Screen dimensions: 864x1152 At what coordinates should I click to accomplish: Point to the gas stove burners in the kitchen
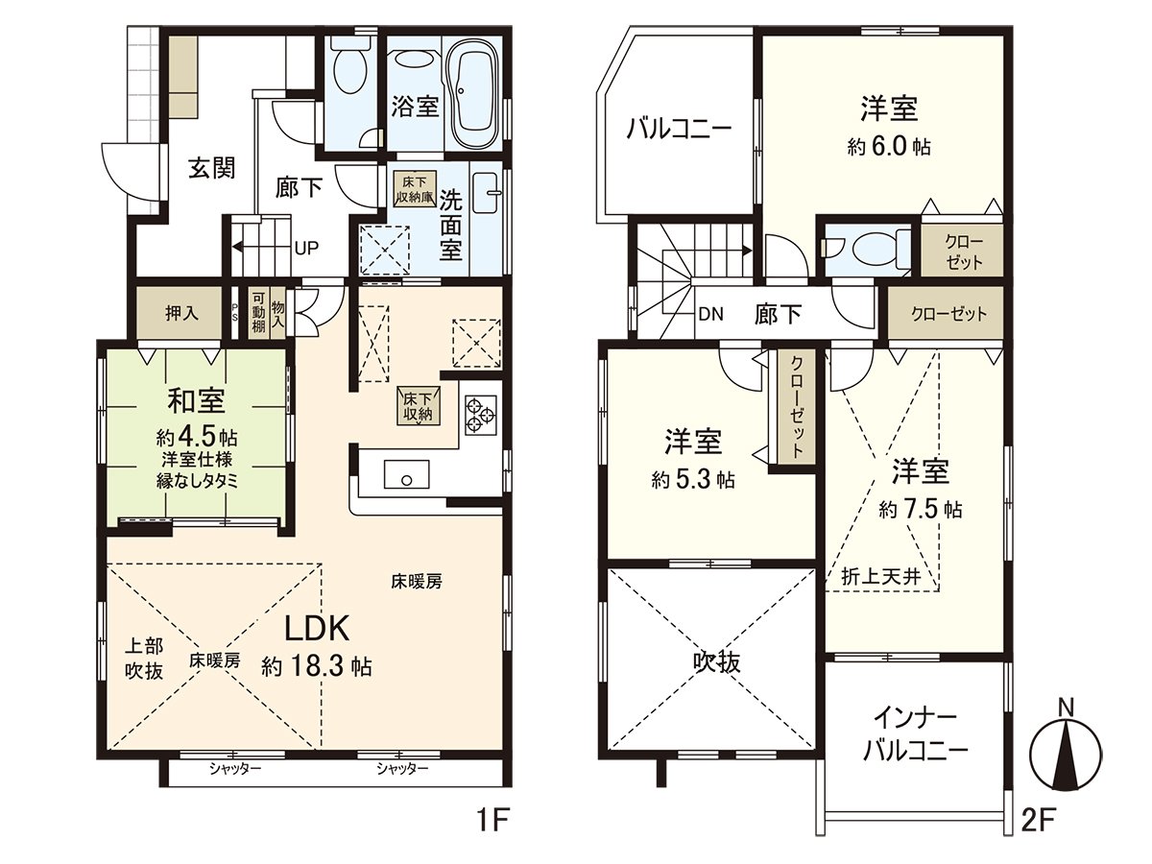pyautogui.click(x=480, y=417)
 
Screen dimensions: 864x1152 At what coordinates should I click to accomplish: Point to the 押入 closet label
pyautogui.click(x=181, y=313)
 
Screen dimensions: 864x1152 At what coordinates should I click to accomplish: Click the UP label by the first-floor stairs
pyautogui.click(x=307, y=248)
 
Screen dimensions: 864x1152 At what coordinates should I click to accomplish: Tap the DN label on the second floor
pyautogui.click(x=710, y=314)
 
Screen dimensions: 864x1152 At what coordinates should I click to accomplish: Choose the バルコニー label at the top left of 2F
pyautogui.click(x=680, y=128)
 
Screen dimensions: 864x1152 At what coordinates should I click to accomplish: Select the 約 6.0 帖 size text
pyautogui.click(x=889, y=147)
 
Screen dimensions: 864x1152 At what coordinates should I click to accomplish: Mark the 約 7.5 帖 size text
pyautogui.click(x=921, y=509)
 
